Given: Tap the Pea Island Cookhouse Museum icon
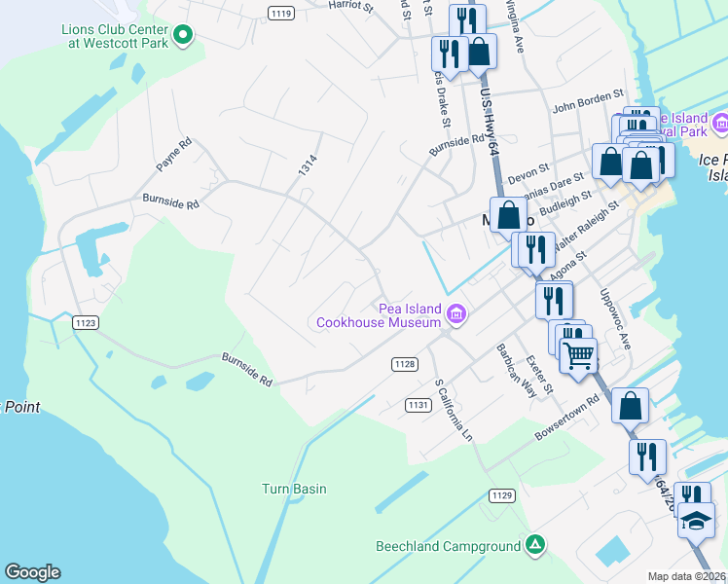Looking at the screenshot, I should (x=455, y=313).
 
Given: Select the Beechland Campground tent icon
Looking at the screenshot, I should (x=534, y=545).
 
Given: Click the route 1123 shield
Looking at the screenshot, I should (x=86, y=322).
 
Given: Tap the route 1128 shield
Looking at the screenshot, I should (x=405, y=364).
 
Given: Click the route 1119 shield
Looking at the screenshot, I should (x=281, y=13).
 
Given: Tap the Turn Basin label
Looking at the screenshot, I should (x=294, y=489).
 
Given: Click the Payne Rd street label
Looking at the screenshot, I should (x=174, y=155).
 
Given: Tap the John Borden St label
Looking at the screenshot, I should (x=587, y=99).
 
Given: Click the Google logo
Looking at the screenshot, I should (x=32, y=572).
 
